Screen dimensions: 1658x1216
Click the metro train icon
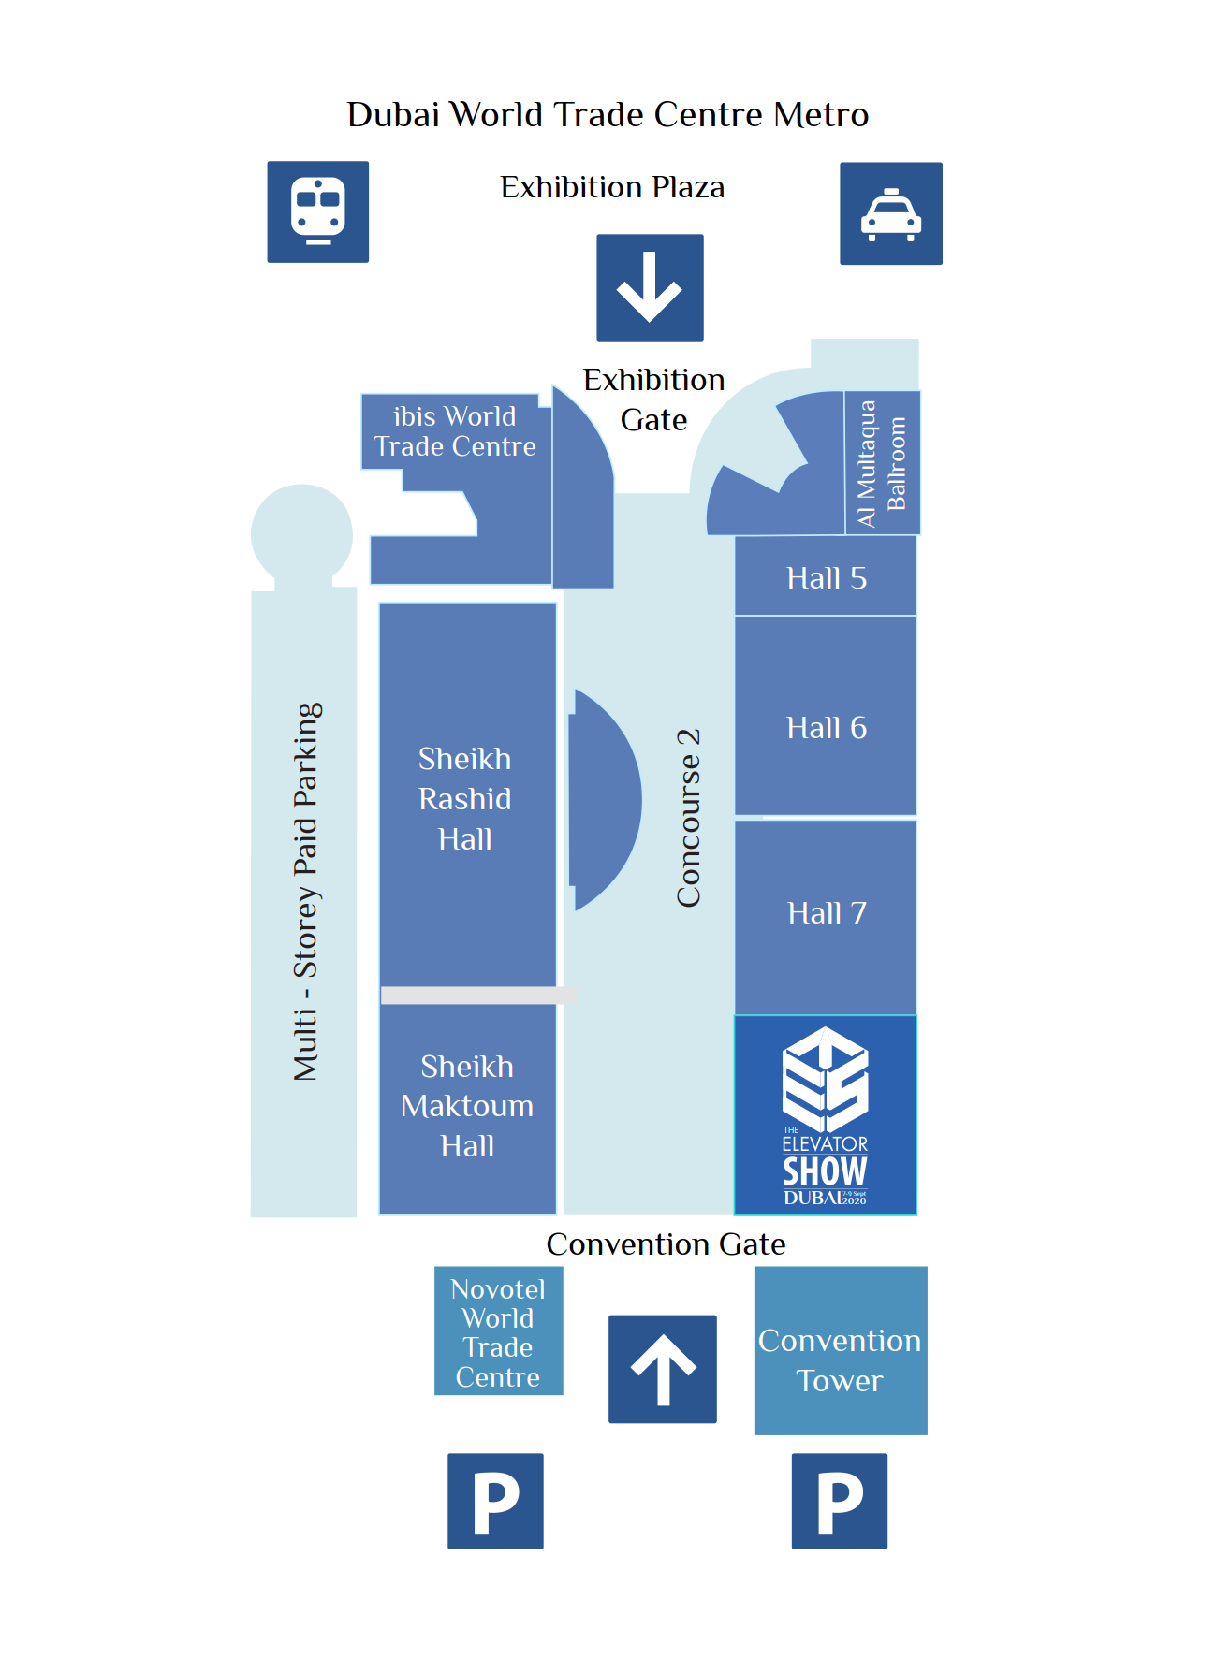click(317, 211)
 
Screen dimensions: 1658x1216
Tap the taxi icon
click(890, 213)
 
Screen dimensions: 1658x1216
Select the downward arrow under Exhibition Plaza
click(650, 287)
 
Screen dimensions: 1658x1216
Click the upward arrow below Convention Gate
click(662, 1369)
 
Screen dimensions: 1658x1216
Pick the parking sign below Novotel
click(495, 1501)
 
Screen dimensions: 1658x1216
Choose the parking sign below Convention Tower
click(839, 1501)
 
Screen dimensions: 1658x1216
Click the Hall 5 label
click(826, 578)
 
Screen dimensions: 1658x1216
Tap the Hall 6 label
click(826, 728)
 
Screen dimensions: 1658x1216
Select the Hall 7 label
click(826, 913)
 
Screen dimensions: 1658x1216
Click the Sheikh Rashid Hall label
click(465, 799)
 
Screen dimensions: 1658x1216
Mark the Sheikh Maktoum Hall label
click(467, 1106)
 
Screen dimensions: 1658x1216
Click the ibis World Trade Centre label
click(455, 431)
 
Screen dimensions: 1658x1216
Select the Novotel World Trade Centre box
click(498, 1331)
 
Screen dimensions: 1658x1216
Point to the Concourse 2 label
click(688, 818)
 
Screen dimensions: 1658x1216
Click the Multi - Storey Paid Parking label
click(306, 892)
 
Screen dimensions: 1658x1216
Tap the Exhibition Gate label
click(653, 400)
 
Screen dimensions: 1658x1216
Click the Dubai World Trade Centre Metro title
click(608, 114)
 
